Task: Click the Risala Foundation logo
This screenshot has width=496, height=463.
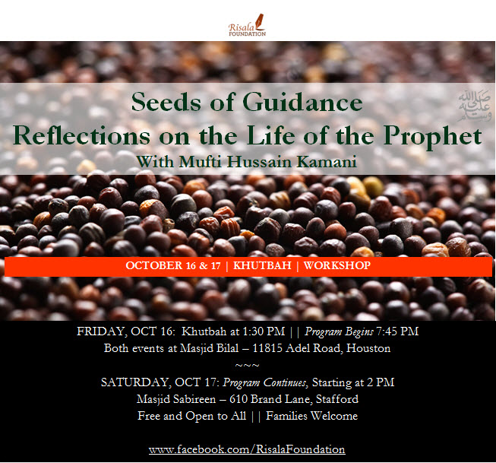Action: tap(247, 25)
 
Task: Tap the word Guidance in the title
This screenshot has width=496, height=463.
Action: tap(302, 102)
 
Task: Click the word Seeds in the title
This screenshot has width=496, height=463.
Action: tap(166, 102)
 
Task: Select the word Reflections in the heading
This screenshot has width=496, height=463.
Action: tap(81, 135)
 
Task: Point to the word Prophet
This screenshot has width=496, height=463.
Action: tap(433, 136)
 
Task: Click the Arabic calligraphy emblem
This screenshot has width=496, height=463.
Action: tap(475, 106)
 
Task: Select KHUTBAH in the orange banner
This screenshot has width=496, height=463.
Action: tap(262, 265)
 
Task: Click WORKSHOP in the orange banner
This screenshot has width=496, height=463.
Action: tap(337, 265)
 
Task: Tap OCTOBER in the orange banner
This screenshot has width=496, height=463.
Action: tap(153, 265)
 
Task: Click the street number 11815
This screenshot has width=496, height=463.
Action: tap(267, 348)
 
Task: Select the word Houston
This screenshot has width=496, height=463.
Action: tap(368, 348)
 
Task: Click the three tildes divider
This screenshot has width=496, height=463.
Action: tap(248, 365)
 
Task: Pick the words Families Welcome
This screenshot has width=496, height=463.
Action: tap(311, 416)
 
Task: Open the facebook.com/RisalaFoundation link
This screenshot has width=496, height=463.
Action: tap(247, 449)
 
